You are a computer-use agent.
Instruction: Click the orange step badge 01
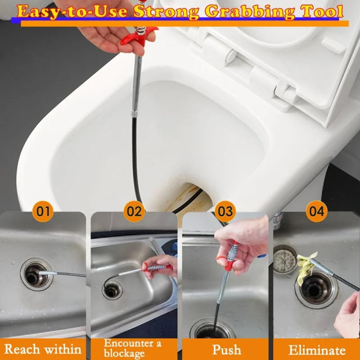[43, 211]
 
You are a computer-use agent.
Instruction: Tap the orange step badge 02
[134, 211]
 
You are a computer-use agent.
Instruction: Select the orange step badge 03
[225, 211]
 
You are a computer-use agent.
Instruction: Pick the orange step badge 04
[317, 211]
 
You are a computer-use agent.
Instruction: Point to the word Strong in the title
[166, 12]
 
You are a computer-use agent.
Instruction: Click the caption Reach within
[43, 349]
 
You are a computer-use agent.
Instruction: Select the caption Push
[227, 350]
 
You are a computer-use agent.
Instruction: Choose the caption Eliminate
[317, 351]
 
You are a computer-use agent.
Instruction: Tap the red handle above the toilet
[139, 37]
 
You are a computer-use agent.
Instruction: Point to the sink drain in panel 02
[112, 291]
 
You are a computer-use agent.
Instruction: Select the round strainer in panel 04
[284, 259]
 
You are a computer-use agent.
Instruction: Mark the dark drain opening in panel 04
[316, 289]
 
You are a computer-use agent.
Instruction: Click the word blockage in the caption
[124, 353]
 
